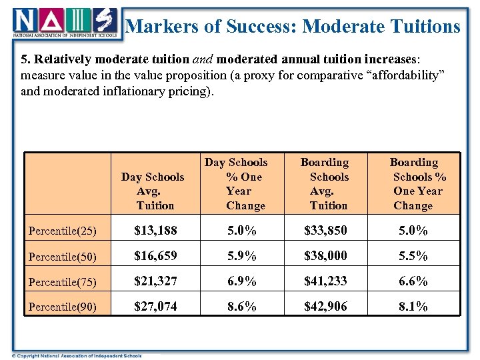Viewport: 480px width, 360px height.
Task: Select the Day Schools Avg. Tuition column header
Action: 153,191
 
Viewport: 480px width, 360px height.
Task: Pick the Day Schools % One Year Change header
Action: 236,183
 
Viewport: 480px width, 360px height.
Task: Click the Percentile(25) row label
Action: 63,231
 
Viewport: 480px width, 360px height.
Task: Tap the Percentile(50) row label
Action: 63,257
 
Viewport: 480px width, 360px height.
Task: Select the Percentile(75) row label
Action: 63,282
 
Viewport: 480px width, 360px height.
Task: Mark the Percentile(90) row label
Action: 63,307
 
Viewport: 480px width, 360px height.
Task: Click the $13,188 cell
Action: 155,231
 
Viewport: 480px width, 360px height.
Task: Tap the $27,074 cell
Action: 155,307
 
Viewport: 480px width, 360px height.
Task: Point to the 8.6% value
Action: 241,307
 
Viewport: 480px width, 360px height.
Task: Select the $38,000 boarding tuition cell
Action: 325,256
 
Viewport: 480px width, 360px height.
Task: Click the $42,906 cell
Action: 325,307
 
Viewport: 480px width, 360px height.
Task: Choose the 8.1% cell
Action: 413,307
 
